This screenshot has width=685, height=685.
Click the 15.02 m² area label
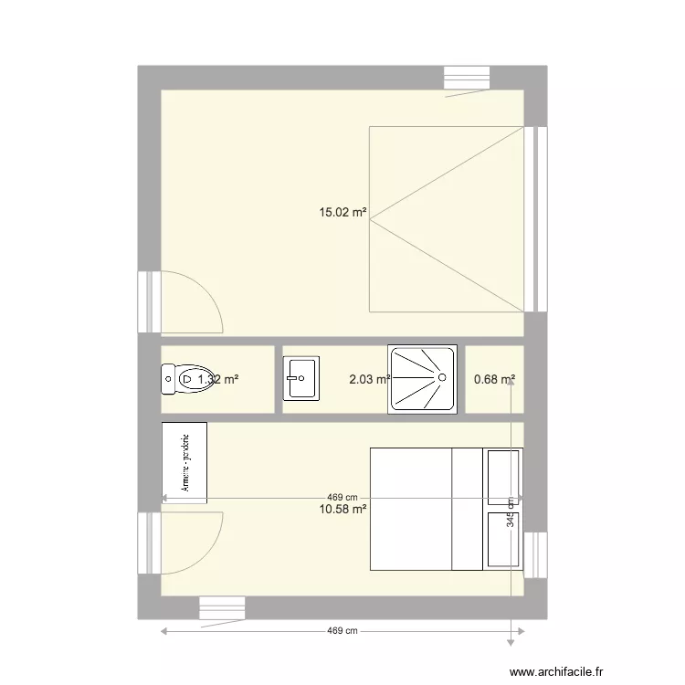[342, 214]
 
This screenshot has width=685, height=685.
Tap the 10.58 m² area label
[342, 509]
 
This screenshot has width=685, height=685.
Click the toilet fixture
[183, 378]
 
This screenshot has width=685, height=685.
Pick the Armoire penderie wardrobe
[184, 462]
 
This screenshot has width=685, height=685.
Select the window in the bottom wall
[222, 608]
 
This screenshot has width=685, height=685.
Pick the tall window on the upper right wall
[537, 218]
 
